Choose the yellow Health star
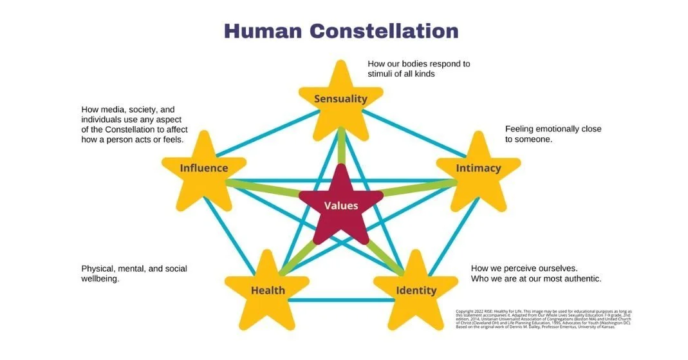click(x=268, y=290)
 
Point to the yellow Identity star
click(x=416, y=290)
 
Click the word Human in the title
click(x=262, y=31)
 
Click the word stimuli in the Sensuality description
click(x=383, y=73)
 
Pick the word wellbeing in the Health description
click(x=100, y=279)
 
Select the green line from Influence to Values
click(x=264, y=189)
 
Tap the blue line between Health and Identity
click(x=341, y=300)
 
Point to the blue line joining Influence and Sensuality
click(x=267, y=133)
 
